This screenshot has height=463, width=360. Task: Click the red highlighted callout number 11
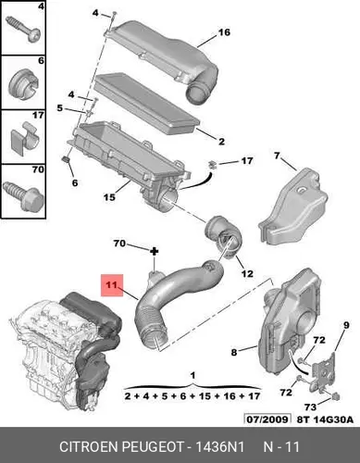tap(112, 284)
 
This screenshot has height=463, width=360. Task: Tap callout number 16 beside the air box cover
tap(224, 32)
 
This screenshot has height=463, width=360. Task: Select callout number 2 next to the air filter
tap(221, 142)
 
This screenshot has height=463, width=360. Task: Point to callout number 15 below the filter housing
tap(109, 197)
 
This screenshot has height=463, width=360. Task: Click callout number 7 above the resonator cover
tap(277, 156)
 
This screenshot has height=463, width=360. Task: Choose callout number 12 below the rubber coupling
tap(247, 273)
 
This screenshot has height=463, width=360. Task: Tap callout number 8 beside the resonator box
tap(234, 352)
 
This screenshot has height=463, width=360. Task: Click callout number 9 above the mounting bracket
tap(346, 325)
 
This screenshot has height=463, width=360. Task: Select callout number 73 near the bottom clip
tap(310, 407)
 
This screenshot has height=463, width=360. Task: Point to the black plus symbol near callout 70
tap(154, 252)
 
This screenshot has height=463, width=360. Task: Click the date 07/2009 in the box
tap(267, 419)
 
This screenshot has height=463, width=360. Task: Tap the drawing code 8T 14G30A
tap(325, 419)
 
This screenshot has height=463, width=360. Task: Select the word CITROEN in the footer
tap(89, 446)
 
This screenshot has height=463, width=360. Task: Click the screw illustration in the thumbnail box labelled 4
tap(23, 30)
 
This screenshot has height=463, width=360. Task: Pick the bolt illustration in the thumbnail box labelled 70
tap(23, 195)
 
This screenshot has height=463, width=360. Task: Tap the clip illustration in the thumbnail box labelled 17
tap(24, 138)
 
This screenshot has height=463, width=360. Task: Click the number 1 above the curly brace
tap(192, 376)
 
